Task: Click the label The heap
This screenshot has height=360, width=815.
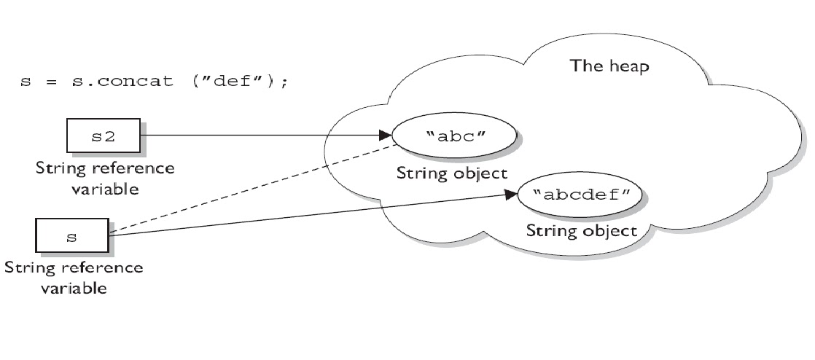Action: tap(609, 66)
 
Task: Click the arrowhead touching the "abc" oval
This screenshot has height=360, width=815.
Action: tap(386, 136)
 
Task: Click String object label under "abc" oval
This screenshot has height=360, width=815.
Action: tap(452, 174)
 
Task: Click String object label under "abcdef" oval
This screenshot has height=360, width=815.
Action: tap(582, 231)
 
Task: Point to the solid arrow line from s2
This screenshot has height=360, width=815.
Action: tap(262, 136)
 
